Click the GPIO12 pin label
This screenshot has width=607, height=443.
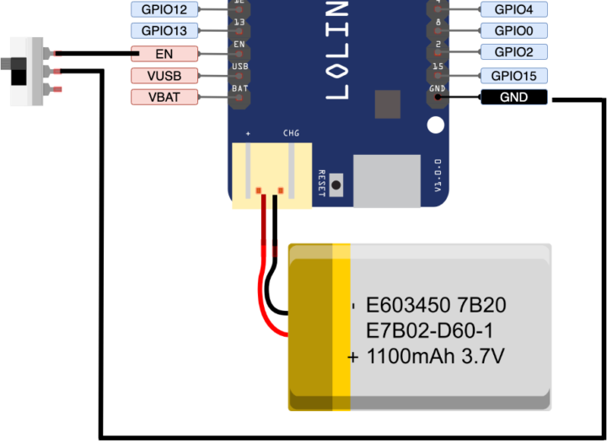click(164, 9)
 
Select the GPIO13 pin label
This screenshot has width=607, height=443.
click(164, 31)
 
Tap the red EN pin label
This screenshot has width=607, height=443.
click(164, 54)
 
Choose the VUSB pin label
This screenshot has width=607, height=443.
click(164, 76)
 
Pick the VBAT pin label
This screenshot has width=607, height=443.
click(164, 97)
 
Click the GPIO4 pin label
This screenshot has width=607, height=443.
click(513, 9)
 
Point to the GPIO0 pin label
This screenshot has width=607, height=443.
click(513, 31)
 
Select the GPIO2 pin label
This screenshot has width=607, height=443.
click(513, 52)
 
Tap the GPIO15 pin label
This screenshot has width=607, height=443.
click(513, 75)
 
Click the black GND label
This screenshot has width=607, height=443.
click(513, 98)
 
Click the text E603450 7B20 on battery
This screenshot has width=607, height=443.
click(436, 304)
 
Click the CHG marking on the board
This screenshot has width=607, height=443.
click(290, 133)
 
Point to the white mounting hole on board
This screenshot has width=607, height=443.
click(435, 125)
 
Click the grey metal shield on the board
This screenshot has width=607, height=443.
click(386, 179)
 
